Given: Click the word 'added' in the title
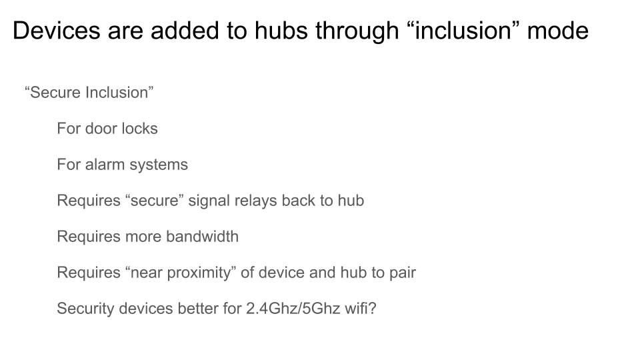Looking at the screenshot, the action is tap(185, 31).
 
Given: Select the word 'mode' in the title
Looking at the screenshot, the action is tap(557, 31).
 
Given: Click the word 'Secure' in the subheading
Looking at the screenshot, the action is tap(56, 93).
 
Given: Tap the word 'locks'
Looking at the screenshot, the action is tap(139, 129).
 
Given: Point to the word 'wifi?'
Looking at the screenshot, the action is tap(361, 308).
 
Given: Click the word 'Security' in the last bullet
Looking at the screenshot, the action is tap(86, 309).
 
